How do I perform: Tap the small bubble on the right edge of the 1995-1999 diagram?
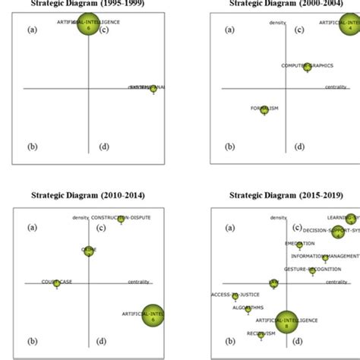click(x=153, y=89)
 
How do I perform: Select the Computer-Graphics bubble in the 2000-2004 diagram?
click(x=308, y=68)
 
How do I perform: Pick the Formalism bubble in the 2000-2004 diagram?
click(x=264, y=109)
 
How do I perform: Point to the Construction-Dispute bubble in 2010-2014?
click(x=121, y=219)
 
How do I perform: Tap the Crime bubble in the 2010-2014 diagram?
click(x=89, y=250)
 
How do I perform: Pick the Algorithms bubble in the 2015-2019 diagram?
click(x=248, y=308)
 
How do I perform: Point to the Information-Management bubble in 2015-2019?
click(x=325, y=258)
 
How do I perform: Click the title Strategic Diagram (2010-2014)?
click(x=89, y=194)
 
